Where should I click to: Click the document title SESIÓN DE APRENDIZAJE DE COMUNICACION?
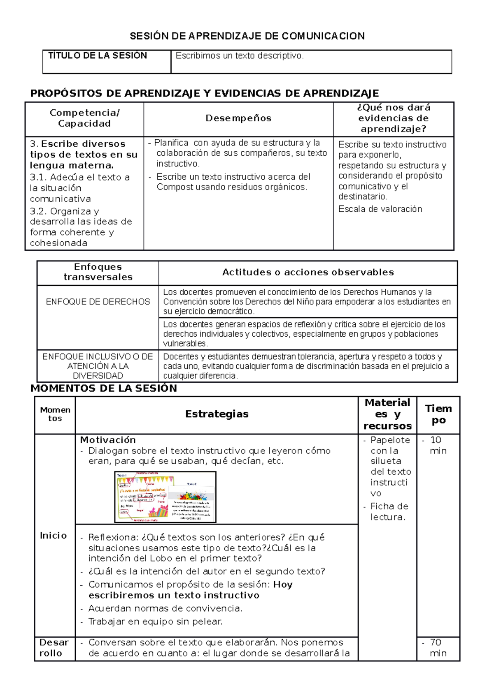[x=247, y=36]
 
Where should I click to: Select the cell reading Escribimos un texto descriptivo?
[x=240, y=56]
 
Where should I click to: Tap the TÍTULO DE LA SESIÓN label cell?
[x=98, y=56]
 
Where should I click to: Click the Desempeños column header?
[x=238, y=118]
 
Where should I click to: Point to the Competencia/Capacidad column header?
[x=84, y=118]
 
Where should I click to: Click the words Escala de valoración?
[x=380, y=209]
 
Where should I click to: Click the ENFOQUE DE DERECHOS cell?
[x=98, y=302]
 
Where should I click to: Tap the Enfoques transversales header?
[x=98, y=272]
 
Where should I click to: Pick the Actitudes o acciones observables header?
[x=308, y=272]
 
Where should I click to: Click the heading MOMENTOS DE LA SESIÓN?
[x=104, y=388]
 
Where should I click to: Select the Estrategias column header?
[x=217, y=414]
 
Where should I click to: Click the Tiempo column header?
[x=438, y=414]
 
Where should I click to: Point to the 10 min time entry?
[x=437, y=445]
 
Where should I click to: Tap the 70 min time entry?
[x=437, y=648]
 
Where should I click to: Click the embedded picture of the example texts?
[x=165, y=497]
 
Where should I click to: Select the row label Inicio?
[x=53, y=535]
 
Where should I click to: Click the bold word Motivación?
[x=108, y=440]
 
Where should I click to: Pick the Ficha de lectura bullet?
[x=389, y=512]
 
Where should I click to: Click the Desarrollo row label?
[x=54, y=648]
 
